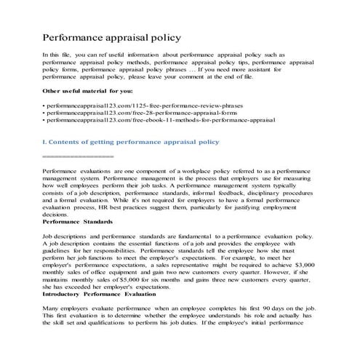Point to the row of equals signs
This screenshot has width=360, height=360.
(79, 157)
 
